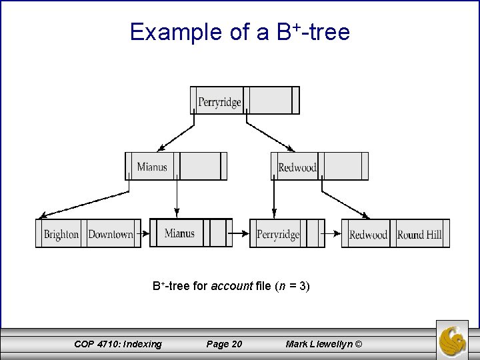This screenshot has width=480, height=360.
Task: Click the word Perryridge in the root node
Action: pyautogui.click(x=219, y=102)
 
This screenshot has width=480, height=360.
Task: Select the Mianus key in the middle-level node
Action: pyautogui.click(x=152, y=166)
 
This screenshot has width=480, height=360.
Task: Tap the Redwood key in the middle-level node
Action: pyautogui.click(x=297, y=167)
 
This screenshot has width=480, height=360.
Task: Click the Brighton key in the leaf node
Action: pyautogui.click(x=61, y=234)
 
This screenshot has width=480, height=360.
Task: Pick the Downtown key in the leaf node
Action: pyautogui.click(x=111, y=234)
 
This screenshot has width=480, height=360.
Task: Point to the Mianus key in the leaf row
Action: pyautogui.click(x=179, y=233)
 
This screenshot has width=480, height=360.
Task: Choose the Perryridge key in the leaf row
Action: pyautogui.click(x=278, y=234)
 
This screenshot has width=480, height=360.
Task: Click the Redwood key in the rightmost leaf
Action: pyautogui.click(x=368, y=234)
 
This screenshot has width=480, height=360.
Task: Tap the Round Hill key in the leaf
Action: pyautogui.click(x=419, y=234)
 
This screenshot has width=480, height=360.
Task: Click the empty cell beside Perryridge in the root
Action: pyautogui.click(x=267, y=101)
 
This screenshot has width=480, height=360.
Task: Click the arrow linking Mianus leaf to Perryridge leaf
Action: pyautogui.click(x=241, y=234)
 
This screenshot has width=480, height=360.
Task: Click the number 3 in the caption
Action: pyautogui.click(x=303, y=287)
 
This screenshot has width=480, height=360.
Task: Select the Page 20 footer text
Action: pyautogui.click(x=225, y=344)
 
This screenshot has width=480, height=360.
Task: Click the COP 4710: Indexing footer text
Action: pyautogui.click(x=117, y=344)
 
